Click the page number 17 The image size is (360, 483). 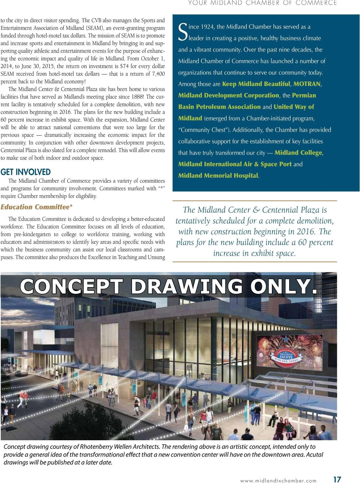(337, 479)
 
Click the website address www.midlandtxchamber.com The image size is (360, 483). (278, 480)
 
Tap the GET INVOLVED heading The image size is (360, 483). (25, 172)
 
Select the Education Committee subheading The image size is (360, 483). (36, 207)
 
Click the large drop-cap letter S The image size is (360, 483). (183, 32)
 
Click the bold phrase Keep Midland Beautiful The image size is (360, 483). (256, 84)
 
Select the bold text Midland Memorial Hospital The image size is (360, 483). (218, 175)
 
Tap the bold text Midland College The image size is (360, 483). (298, 153)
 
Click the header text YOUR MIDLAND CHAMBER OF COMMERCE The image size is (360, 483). (262, 3)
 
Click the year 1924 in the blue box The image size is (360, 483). (207, 27)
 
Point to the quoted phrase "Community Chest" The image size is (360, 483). (204, 130)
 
